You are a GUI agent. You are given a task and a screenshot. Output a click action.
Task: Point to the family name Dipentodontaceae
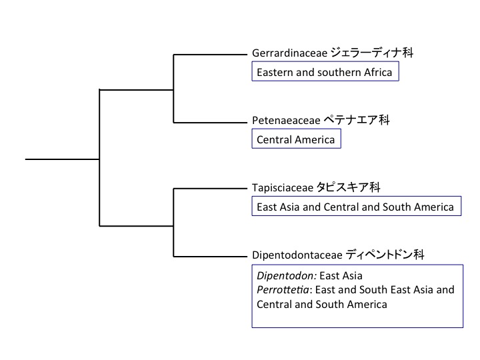(x=297, y=255)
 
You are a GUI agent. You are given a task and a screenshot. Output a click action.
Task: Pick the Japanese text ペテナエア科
(x=357, y=121)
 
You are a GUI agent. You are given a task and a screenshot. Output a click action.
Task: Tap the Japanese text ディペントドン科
(x=386, y=255)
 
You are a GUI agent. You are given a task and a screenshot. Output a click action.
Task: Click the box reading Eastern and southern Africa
(x=325, y=72)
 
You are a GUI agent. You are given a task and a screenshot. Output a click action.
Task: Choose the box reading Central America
(x=296, y=140)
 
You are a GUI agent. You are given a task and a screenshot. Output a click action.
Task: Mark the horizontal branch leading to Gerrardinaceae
(x=210, y=55)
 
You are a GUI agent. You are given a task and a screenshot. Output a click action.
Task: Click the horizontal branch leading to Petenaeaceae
(x=210, y=122)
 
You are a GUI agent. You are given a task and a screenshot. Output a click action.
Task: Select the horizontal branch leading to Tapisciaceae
(x=210, y=189)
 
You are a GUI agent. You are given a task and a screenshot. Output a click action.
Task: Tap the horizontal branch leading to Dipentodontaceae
(x=210, y=256)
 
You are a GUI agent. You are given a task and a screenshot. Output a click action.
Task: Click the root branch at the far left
(x=62, y=159)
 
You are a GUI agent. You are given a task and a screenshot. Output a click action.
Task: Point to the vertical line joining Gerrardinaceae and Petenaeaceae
(x=173, y=89)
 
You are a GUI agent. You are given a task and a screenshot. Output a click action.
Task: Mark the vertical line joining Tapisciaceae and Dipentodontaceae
(x=173, y=223)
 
